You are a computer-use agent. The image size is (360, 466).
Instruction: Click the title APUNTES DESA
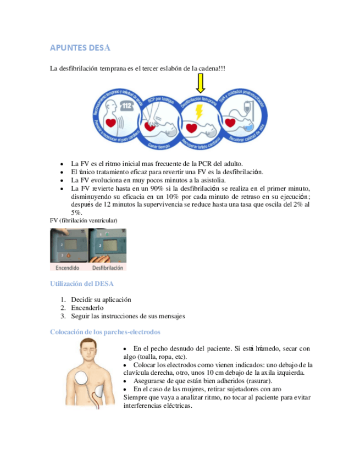(80, 48)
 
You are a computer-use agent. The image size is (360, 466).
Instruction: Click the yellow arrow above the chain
(200, 83)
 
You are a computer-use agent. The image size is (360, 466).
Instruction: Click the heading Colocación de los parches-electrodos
(105, 332)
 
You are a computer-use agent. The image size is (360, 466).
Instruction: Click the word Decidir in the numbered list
(83, 299)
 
